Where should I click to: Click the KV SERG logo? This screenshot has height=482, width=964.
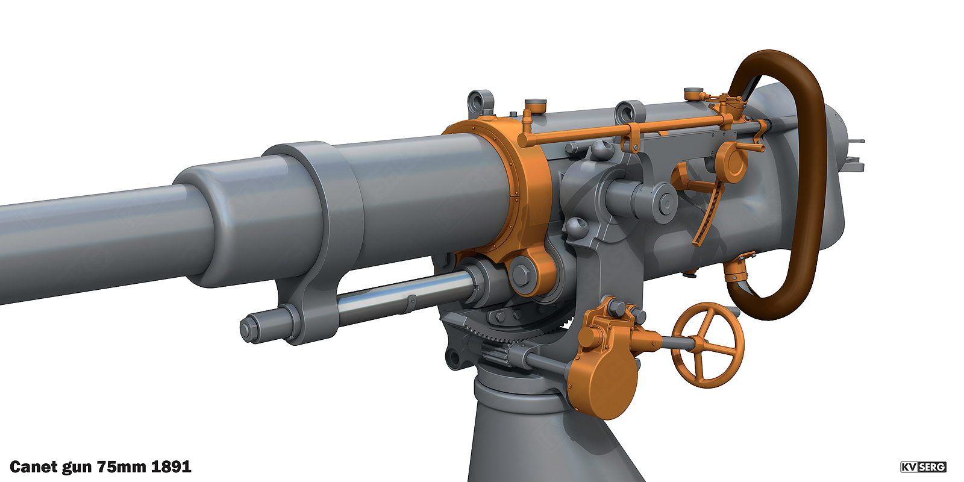click(x=923, y=467)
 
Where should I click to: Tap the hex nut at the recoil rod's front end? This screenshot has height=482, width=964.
click(x=248, y=329)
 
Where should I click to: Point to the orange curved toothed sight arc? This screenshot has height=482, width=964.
click(x=709, y=214)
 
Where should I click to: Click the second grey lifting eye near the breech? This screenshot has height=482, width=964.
click(x=630, y=111)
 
